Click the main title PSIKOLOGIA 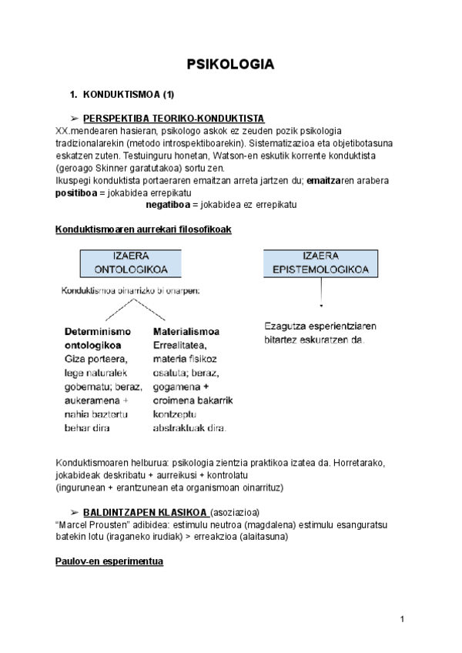(x=231, y=65)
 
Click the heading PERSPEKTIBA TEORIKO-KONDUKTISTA (x=174, y=119)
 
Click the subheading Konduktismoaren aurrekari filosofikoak (x=143, y=229)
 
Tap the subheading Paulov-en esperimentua (x=109, y=561)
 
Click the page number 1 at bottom (x=403, y=619)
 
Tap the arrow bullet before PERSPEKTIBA (x=75, y=119)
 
